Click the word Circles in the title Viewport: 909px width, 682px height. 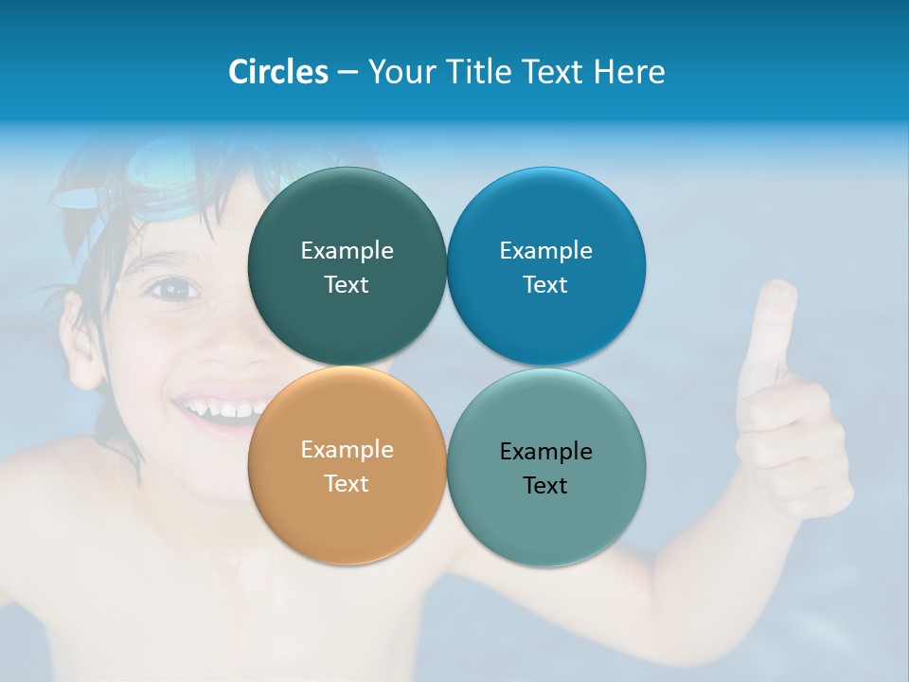pos(278,72)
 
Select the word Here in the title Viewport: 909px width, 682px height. pos(630,72)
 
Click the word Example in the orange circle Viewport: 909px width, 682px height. pos(347,449)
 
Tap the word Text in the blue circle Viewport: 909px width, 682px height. pos(545,285)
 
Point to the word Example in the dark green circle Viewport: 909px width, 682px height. pos(347,250)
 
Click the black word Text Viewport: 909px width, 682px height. pos(545,486)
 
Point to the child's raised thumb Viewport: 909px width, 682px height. pos(774,322)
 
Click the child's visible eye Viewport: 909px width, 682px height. pos(170,289)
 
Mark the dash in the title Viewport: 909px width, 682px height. pos(348,73)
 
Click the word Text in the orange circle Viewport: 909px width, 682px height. pos(347,484)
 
